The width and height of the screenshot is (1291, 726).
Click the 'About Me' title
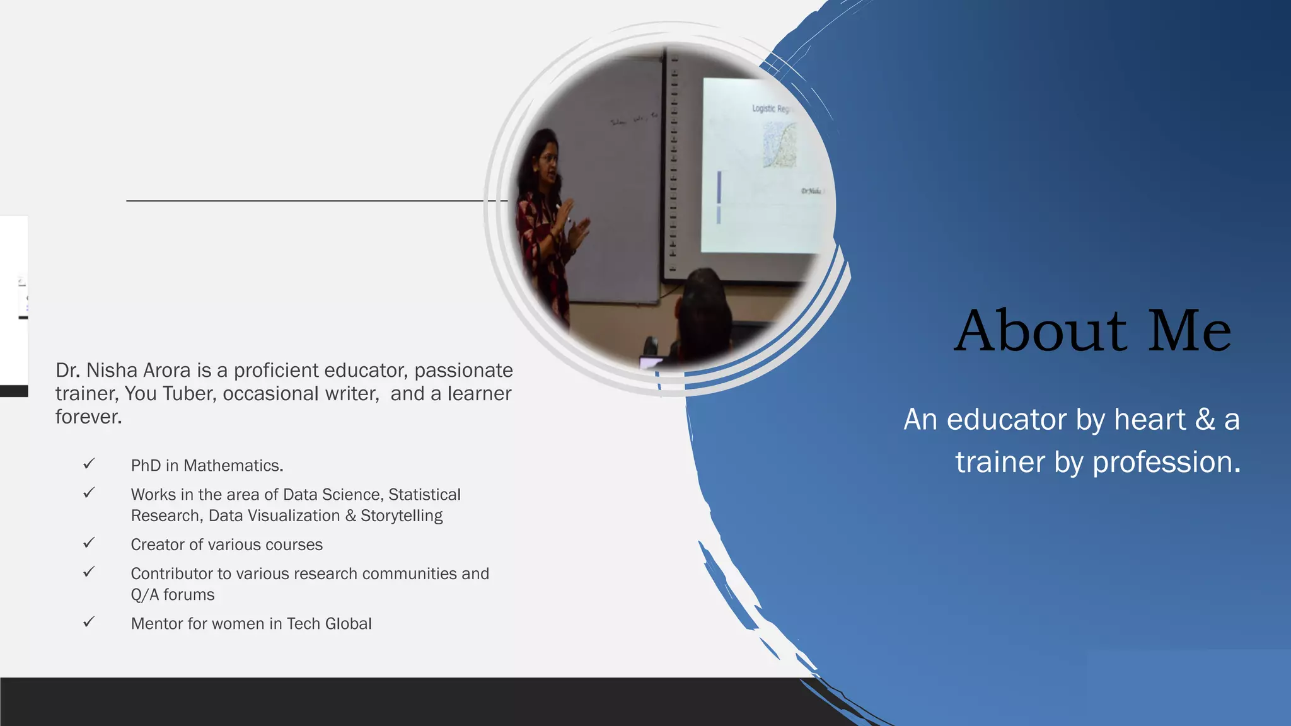pyautogui.click(x=1092, y=331)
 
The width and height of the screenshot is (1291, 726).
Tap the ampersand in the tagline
pyautogui.click(x=1205, y=420)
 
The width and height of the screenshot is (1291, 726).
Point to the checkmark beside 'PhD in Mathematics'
pyautogui.click(x=89, y=464)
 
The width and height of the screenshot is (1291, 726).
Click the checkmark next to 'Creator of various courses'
pyautogui.click(x=89, y=543)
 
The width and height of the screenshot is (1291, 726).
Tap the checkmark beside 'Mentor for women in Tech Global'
pyautogui.click(x=89, y=622)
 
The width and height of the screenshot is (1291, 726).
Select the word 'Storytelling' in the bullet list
pyautogui.click(x=402, y=516)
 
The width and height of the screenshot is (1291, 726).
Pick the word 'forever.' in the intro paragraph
pyautogui.click(x=88, y=417)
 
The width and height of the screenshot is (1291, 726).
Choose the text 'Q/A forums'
pyautogui.click(x=172, y=595)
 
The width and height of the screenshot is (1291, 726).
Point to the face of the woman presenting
pyautogui.click(x=547, y=161)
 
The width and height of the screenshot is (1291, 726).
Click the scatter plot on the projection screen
pyautogui.click(x=780, y=145)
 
